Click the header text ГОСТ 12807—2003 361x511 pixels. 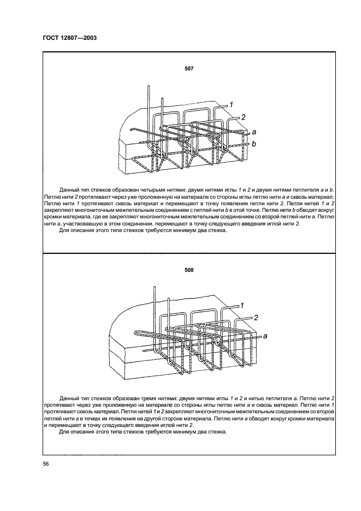pos(70,38)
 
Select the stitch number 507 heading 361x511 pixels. pos(190,69)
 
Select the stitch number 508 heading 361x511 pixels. pos(190,270)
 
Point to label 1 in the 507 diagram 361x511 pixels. pos(231,104)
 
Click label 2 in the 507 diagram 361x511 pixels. pos(244,117)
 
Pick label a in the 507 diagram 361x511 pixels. pos(254,132)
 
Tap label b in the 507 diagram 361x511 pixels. pos(254,144)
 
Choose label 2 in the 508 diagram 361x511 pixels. pos(255,317)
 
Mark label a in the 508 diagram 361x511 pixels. pos(265,337)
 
